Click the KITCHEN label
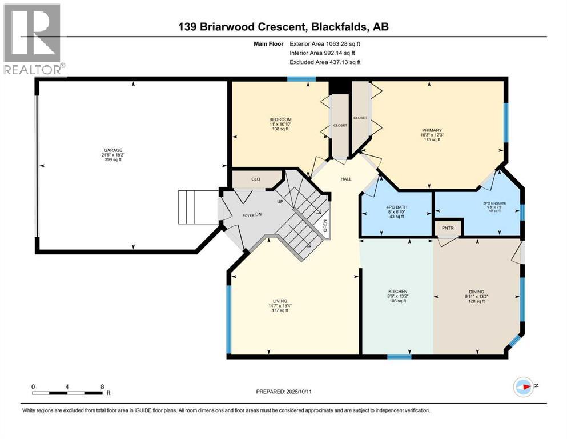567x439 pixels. pyautogui.click(x=397, y=292)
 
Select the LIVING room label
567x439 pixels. pyautogui.click(x=280, y=301)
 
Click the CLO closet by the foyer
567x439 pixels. pyautogui.click(x=256, y=179)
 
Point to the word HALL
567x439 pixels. pyautogui.click(x=346, y=179)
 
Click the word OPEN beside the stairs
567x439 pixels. pyautogui.click(x=325, y=226)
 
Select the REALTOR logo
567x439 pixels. pyautogui.click(x=32, y=40)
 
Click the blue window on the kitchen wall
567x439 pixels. pyautogui.click(x=399, y=357)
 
